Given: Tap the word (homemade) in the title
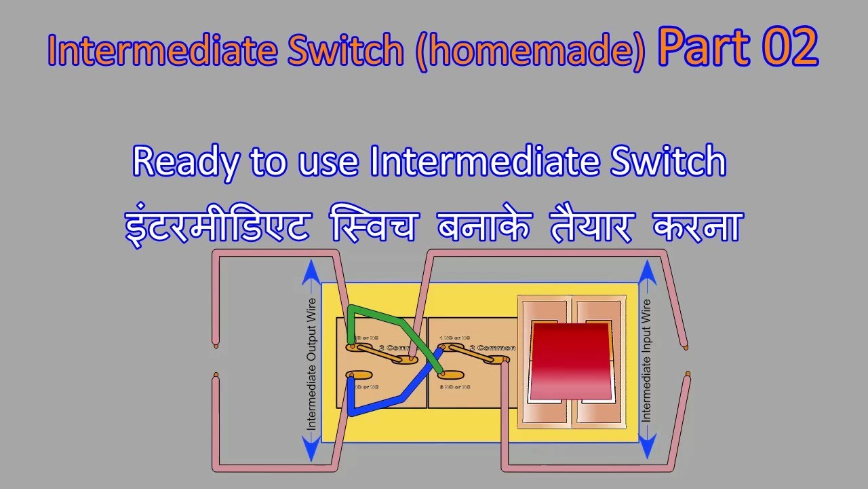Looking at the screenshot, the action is [531, 52].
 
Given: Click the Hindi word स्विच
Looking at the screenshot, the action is [368, 227].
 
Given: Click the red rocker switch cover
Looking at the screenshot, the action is [570, 360].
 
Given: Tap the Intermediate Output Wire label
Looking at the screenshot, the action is [311, 363].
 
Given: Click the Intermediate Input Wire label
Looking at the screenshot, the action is [646, 360].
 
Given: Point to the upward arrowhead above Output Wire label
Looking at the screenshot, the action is [311, 272].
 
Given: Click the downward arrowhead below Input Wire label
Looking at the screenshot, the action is [646, 448].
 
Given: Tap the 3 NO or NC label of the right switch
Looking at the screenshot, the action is [455, 386].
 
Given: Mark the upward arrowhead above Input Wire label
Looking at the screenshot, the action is [646, 272].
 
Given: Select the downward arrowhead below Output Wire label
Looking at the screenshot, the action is [311, 448].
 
